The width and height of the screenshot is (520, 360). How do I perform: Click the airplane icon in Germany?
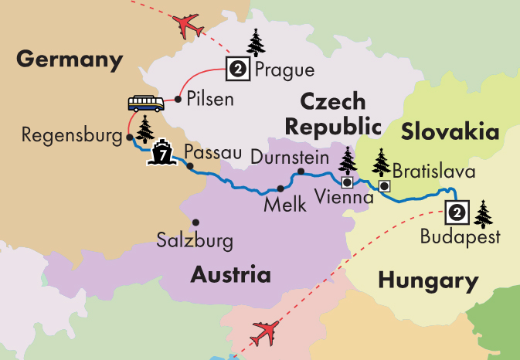pos(189,26)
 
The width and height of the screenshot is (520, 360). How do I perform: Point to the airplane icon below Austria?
pos(265,335)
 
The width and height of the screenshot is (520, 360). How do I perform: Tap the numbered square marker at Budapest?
pos(457,210)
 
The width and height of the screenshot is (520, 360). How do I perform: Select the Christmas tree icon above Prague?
pos(255,42)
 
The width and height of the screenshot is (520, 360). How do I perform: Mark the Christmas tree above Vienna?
pos(348,161)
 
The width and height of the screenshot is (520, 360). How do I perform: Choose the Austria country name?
pos(232,274)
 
